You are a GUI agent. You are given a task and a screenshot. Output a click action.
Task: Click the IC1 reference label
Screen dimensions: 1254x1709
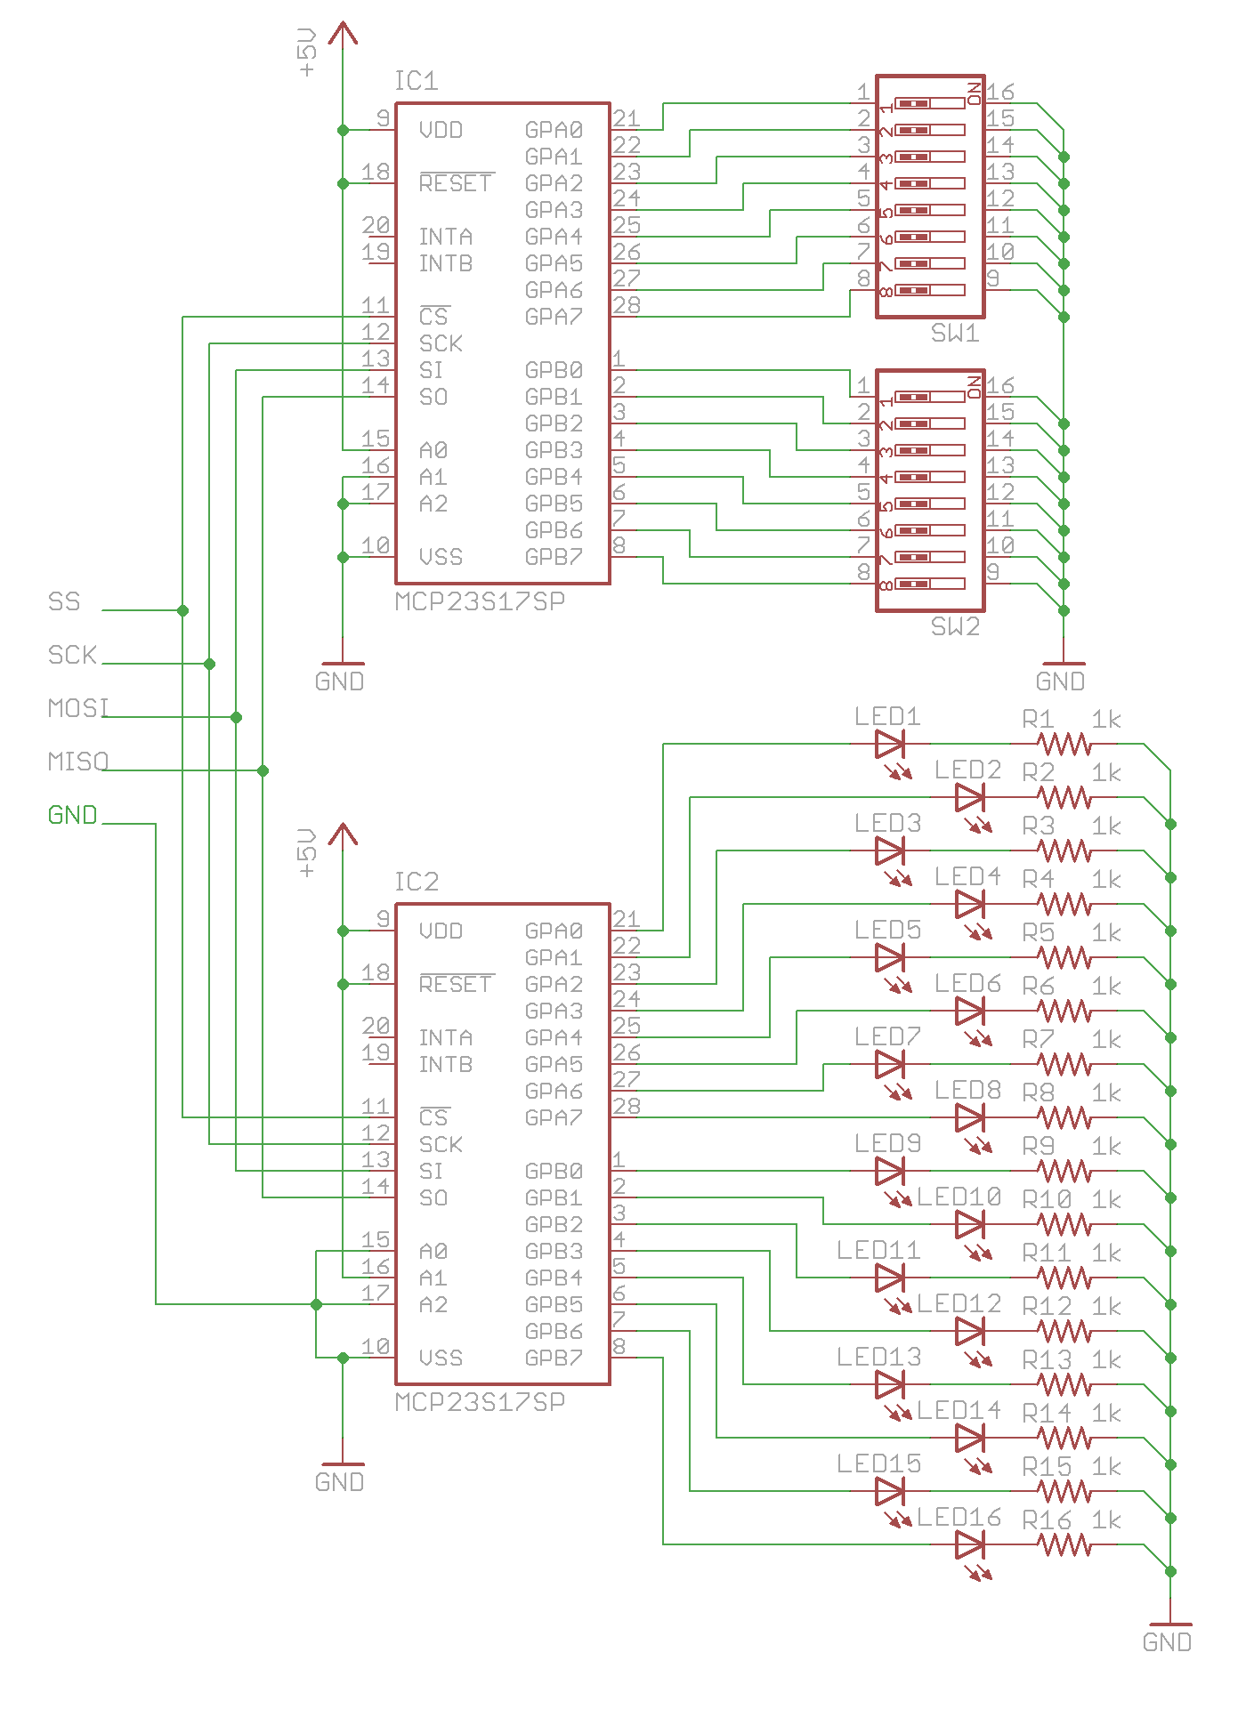417,81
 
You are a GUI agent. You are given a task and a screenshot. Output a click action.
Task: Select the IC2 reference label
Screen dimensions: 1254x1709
417,882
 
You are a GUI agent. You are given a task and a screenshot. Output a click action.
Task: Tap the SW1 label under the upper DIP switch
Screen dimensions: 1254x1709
955,333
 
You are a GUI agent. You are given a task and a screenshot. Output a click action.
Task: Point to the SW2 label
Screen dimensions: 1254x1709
955,626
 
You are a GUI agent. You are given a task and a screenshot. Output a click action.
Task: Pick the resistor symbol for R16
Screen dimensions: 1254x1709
1064,1544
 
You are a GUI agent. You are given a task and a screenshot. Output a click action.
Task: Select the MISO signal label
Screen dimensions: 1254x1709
78,762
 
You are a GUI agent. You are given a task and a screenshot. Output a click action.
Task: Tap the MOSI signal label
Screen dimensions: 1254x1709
78,708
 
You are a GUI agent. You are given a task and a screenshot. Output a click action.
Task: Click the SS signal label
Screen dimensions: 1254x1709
64,601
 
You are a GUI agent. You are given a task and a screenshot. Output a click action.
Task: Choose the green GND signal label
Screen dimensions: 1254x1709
72,815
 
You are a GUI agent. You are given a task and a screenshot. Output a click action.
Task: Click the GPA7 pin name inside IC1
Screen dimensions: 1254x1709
554,317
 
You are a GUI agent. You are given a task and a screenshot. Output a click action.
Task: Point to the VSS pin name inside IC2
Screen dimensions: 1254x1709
441,1358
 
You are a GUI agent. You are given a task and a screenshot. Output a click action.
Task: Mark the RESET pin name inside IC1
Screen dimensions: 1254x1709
456,182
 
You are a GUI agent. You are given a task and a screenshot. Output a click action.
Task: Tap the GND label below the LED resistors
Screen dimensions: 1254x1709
1167,1642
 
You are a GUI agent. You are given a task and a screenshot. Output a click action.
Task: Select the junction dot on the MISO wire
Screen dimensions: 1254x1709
263,770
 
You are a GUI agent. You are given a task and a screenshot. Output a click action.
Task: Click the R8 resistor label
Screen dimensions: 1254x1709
1038,1092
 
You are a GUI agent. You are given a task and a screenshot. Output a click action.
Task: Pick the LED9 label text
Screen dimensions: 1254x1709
887,1143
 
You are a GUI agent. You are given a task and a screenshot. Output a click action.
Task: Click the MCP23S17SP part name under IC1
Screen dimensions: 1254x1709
480,601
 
